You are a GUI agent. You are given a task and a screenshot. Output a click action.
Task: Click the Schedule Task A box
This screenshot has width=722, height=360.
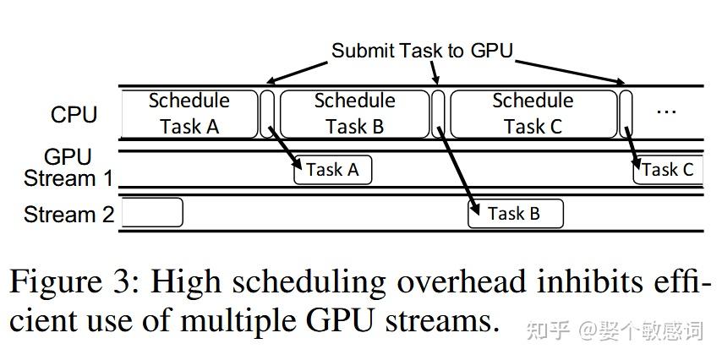(189, 113)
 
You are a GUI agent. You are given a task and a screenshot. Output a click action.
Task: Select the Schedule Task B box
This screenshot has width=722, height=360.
(354, 113)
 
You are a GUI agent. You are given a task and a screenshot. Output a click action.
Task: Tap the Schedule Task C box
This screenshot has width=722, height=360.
(533, 113)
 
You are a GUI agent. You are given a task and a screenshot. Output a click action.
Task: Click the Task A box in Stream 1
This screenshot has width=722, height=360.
(332, 170)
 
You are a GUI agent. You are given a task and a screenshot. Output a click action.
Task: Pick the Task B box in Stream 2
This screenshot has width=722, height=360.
(515, 214)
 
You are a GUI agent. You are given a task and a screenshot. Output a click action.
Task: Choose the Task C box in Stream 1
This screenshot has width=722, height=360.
(668, 170)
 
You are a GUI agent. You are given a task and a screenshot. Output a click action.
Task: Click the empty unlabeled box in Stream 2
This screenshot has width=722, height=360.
(152, 212)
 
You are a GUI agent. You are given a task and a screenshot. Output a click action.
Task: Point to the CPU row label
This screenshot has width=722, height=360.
(74, 115)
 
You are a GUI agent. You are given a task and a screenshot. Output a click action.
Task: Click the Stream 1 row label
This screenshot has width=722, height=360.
(68, 179)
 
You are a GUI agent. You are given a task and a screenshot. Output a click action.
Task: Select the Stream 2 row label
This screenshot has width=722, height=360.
(68, 215)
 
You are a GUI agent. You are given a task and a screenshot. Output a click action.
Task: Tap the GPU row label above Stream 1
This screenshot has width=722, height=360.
(68, 157)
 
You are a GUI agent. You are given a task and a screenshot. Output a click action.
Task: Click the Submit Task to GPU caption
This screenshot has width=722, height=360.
(422, 51)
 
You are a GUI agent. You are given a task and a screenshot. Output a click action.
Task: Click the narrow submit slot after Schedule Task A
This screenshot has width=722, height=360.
(267, 113)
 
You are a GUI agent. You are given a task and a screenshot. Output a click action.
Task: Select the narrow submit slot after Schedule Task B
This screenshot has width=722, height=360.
(438, 113)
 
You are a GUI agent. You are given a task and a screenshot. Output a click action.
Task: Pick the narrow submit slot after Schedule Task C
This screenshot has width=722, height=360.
(626, 113)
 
